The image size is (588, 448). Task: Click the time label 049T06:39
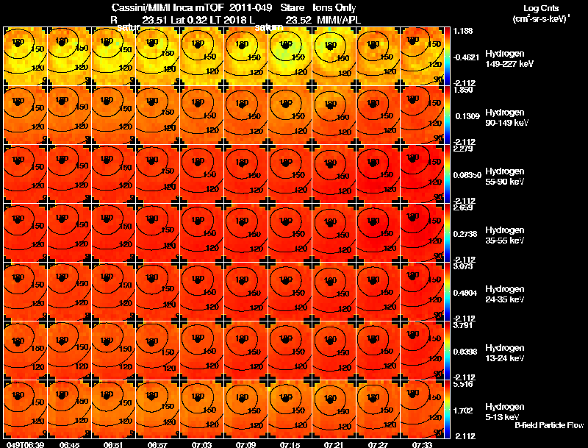(x=25, y=444)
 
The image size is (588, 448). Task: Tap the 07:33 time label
(x=422, y=444)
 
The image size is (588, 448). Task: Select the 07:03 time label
(x=201, y=444)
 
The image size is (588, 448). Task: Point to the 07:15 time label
(x=290, y=444)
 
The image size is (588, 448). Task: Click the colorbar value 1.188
(x=464, y=32)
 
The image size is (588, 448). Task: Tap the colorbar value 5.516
(x=464, y=385)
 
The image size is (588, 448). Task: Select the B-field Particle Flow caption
(x=548, y=425)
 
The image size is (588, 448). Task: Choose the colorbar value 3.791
(x=464, y=326)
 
